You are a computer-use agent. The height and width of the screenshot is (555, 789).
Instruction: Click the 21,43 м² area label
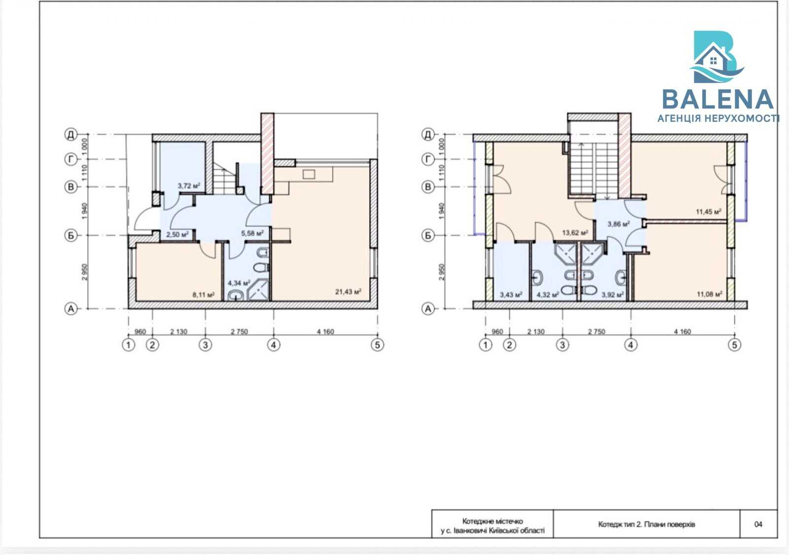tap(348, 292)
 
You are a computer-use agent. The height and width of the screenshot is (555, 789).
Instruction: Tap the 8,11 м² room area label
tap(204, 294)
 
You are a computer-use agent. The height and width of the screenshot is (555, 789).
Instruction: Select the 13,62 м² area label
tap(575, 232)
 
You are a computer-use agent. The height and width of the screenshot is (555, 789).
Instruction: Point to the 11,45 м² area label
tap(708, 212)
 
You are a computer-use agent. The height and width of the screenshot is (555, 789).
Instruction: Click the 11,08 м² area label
tap(710, 294)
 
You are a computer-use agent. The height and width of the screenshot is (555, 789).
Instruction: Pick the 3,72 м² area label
tap(189, 185)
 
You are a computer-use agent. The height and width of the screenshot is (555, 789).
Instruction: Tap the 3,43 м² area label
tap(511, 294)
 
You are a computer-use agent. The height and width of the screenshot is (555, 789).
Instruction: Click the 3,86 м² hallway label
tap(618, 224)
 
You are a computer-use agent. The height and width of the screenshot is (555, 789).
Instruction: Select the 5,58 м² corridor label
tap(252, 233)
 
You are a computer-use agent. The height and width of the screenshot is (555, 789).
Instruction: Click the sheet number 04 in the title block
tap(758, 524)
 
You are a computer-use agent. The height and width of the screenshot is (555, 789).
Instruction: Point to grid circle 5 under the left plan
tap(377, 345)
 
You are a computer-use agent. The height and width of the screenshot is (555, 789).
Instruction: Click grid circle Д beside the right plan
tap(428, 134)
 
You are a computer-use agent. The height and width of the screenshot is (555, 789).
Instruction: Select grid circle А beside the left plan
tap(71, 309)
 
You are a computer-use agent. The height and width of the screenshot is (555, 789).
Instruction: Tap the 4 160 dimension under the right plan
tap(682, 331)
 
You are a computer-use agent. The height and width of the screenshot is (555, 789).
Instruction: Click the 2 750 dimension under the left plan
tap(239, 331)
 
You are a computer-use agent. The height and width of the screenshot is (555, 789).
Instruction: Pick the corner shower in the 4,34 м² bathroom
tap(259, 290)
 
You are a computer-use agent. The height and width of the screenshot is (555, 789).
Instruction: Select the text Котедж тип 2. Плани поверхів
tap(646, 524)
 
